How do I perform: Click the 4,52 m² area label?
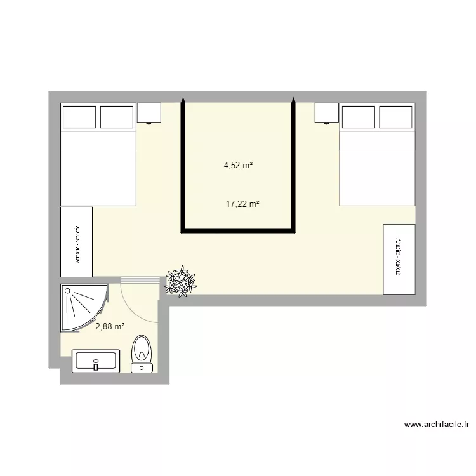pos(238,166)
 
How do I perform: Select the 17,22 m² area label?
pos(243,204)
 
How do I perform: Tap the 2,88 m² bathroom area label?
pos(110,327)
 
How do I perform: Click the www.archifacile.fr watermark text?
pos(437,425)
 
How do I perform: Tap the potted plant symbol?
pos(181,282)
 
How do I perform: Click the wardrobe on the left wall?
pos(77,242)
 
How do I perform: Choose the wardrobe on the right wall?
pos(399,259)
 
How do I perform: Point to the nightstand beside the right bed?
pos(327,114)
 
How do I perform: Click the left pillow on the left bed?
pos(79,117)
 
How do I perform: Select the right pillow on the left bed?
pos(117,117)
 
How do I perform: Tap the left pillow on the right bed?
pos(359,117)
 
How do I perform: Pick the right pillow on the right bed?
pos(397,117)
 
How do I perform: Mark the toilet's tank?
pos(142,367)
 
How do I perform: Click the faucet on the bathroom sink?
pos(96,366)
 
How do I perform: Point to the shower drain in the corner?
pos(67,290)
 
